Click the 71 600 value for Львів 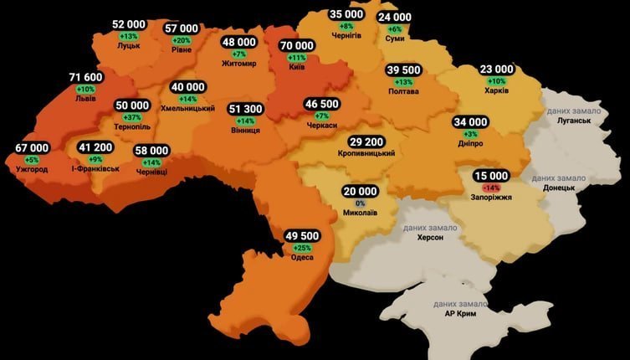click(85, 78)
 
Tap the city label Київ click(297, 67)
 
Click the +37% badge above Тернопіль click(132, 116)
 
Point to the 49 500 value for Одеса click(302, 236)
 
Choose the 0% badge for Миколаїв click(361, 203)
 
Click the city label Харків click(497, 91)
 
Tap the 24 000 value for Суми click(394, 17)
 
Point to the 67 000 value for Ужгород click(32, 148)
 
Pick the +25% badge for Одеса click(302, 247)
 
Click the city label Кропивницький click(366, 155)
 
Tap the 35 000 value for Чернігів click(346, 14)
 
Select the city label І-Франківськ click(95, 168)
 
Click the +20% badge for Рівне click(182, 39)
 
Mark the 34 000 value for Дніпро click(470, 122)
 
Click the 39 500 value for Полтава click(403, 70)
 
